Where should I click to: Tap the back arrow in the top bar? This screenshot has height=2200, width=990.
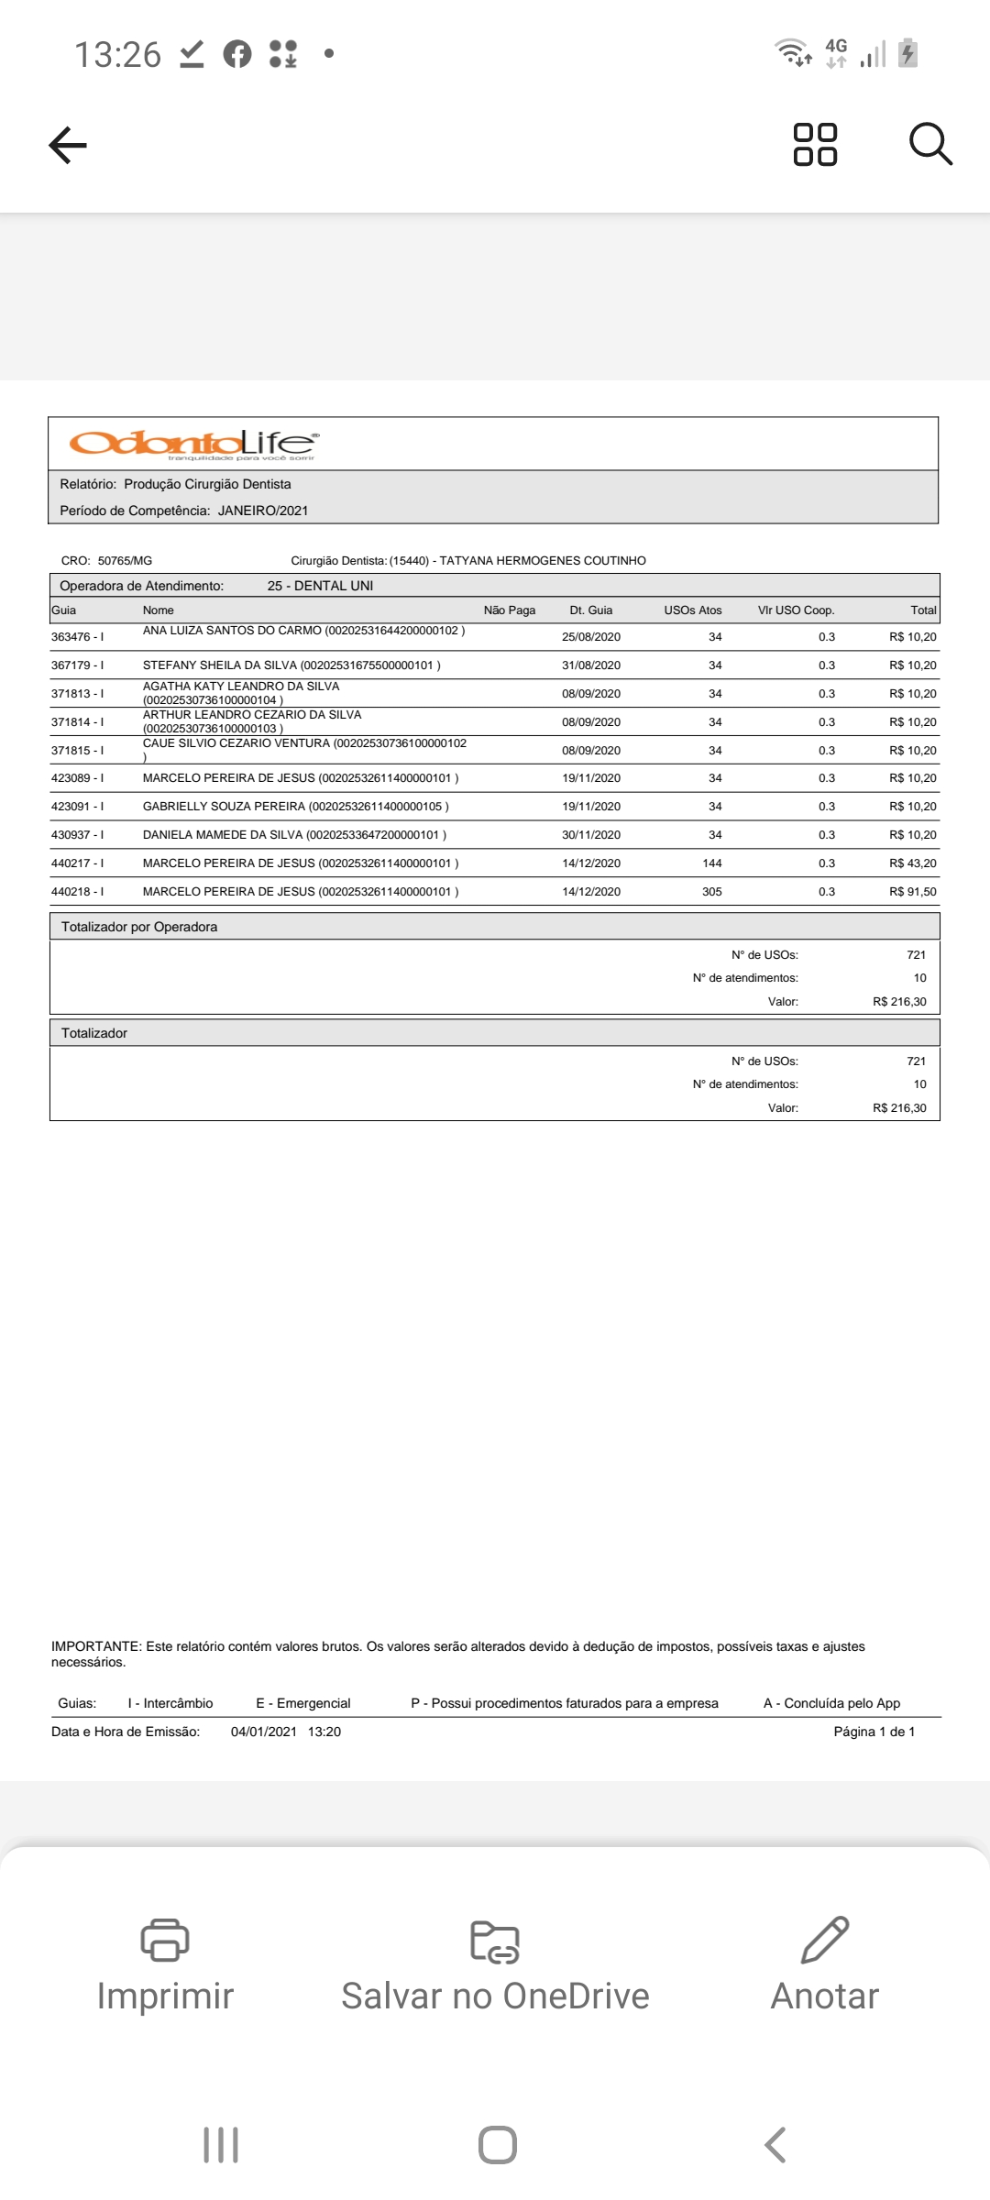point(68,145)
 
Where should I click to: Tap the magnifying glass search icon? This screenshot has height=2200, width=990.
point(930,145)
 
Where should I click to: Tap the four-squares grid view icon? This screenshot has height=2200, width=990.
point(814,145)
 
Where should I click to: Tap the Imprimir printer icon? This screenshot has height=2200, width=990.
point(165,1939)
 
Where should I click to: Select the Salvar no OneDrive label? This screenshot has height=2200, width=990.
point(495,1996)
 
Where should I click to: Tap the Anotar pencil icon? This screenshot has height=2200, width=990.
point(825,1939)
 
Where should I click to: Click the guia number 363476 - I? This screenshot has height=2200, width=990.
point(78,637)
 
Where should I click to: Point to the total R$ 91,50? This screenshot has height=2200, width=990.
point(912,892)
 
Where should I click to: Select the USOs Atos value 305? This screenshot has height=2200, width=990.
point(712,892)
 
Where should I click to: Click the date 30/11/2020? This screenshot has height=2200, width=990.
point(591,835)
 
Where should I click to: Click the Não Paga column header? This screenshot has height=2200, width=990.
point(510,610)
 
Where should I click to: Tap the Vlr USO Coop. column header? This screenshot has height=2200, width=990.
point(796,610)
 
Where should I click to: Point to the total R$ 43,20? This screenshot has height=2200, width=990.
point(912,863)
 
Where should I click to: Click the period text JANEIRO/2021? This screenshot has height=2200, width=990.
point(263,511)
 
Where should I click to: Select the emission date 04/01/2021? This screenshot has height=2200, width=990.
point(264,1732)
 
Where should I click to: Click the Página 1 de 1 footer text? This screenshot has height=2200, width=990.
point(874,1732)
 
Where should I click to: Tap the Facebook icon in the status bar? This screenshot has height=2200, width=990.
point(237,54)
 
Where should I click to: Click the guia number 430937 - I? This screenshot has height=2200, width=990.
point(78,835)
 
